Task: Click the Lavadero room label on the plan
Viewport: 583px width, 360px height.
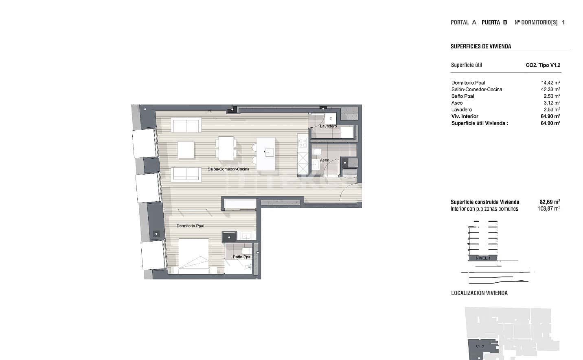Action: (x=328, y=126)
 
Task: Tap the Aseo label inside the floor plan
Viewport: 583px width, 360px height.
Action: (x=324, y=160)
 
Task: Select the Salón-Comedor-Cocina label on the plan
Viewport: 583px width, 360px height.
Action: (x=228, y=169)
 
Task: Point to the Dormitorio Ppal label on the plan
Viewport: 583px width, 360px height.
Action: (x=190, y=226)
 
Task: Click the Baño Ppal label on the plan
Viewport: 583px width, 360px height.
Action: (x=242, y=257)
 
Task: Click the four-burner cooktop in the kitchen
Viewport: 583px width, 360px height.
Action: (x=302, y=143)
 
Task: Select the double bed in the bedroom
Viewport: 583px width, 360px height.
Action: (x=194, y=256)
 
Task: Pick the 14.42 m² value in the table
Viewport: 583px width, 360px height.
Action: (x=550, y=83)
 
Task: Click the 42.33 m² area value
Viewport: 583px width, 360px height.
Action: (x=550, y=89)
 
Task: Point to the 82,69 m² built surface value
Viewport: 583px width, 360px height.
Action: (x=550, y=202)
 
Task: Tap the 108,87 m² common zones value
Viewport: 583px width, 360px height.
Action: (x=549, y=209)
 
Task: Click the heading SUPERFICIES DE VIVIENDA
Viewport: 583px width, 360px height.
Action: (x=481, y=46)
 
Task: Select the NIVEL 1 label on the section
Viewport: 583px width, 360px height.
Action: (x=483, y=258)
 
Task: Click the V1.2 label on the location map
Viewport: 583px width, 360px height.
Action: (x=480, y=347)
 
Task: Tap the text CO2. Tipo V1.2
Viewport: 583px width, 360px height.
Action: (x=543, y=65)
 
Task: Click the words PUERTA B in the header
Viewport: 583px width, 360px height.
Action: (x=494, y=22)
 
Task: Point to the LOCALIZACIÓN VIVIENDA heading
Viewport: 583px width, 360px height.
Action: (x=479, y=293)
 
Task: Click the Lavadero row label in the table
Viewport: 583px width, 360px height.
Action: (x=461, y=109)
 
